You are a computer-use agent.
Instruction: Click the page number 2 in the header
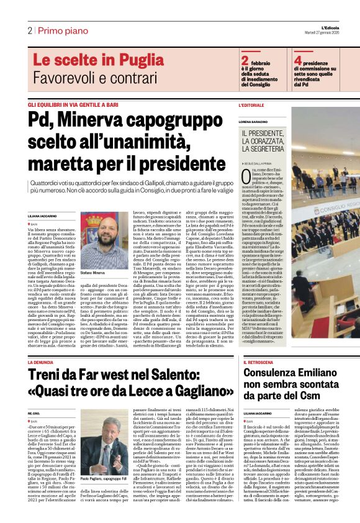(x=29, y=30)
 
